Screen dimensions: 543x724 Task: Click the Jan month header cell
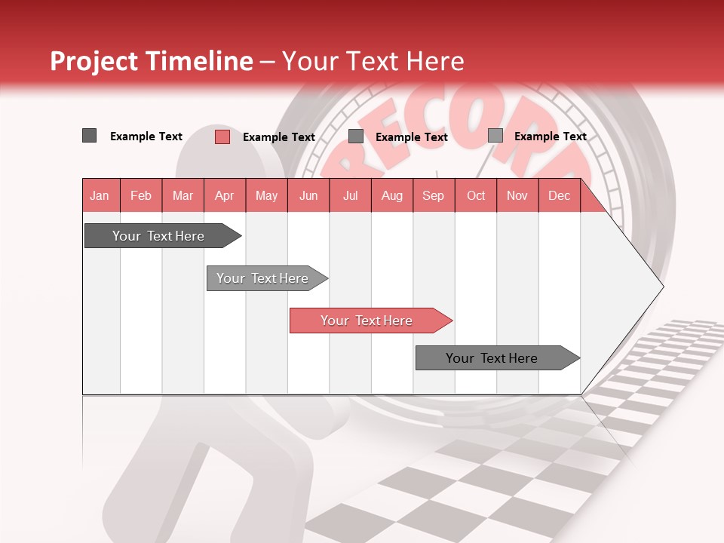pyautogui.click(x=100, y=195)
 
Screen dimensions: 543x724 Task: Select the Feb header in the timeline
pyautogui.click(x=141, y=195)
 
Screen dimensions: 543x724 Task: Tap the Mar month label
pyautogui.click(x=183, y=195)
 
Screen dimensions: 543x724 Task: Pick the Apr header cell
pyautogui.click(x=225, y=195)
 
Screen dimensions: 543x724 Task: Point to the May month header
pyautogui.click(x=266, y=195)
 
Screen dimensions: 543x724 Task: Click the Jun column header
pyautogui.click(x=308, y=195)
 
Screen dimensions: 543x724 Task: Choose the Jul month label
pyautogui.click(x=350, y=195)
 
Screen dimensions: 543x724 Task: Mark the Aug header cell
pyautogui.click(x=392, y=195)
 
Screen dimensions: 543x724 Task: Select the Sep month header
pyautogui.click(x=434, y=195)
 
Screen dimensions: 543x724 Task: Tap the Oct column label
pyautogui.click(x=476, y=195)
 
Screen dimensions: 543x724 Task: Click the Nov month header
pyautogui.click(x=517, y=195)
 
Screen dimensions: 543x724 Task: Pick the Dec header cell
pyautogui.click(x=560, y=195)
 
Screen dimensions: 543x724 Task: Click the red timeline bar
pyautogui.click(x=367, y=321)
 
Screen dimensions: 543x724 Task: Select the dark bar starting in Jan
pyautogui.click(x=159, y=236)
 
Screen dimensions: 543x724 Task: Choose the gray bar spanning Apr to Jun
pyautogui.click(x=263, y=278)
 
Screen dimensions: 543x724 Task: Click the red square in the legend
pyautogui.click(x=222, y=137)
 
